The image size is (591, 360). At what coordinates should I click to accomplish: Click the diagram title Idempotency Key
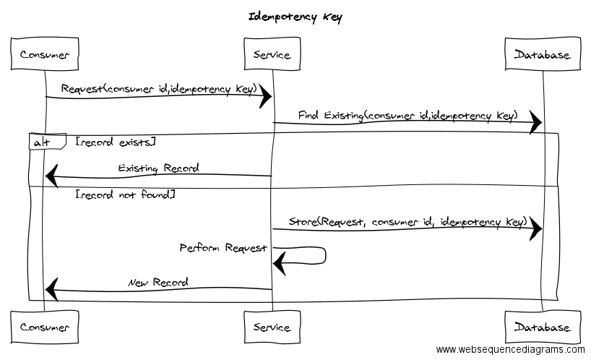pos(295,17)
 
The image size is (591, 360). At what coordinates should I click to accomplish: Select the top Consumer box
pos(45,55)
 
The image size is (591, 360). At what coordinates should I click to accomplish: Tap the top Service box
pos(272,55)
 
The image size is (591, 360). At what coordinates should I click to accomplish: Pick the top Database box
pos(542,55)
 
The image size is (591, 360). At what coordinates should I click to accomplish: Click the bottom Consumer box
pos(45,327)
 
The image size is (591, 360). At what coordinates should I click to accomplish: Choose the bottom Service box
pos(272,327)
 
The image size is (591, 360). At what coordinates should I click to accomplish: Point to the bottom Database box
pos(542,327)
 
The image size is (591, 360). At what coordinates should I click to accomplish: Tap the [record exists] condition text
pos(115,142)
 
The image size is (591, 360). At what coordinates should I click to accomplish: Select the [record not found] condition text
pos(124,195)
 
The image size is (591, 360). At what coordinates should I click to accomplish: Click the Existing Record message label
pos(159,168)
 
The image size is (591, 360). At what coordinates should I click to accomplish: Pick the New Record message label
pos(158,283)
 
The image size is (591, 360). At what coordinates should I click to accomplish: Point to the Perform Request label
pos(223,248)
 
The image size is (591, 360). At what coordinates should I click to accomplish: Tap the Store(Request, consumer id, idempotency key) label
pos(407,222)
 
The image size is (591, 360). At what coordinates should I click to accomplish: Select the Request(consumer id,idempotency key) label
pos(159,89)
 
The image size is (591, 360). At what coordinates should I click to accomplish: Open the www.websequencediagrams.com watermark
pos(510,350)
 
